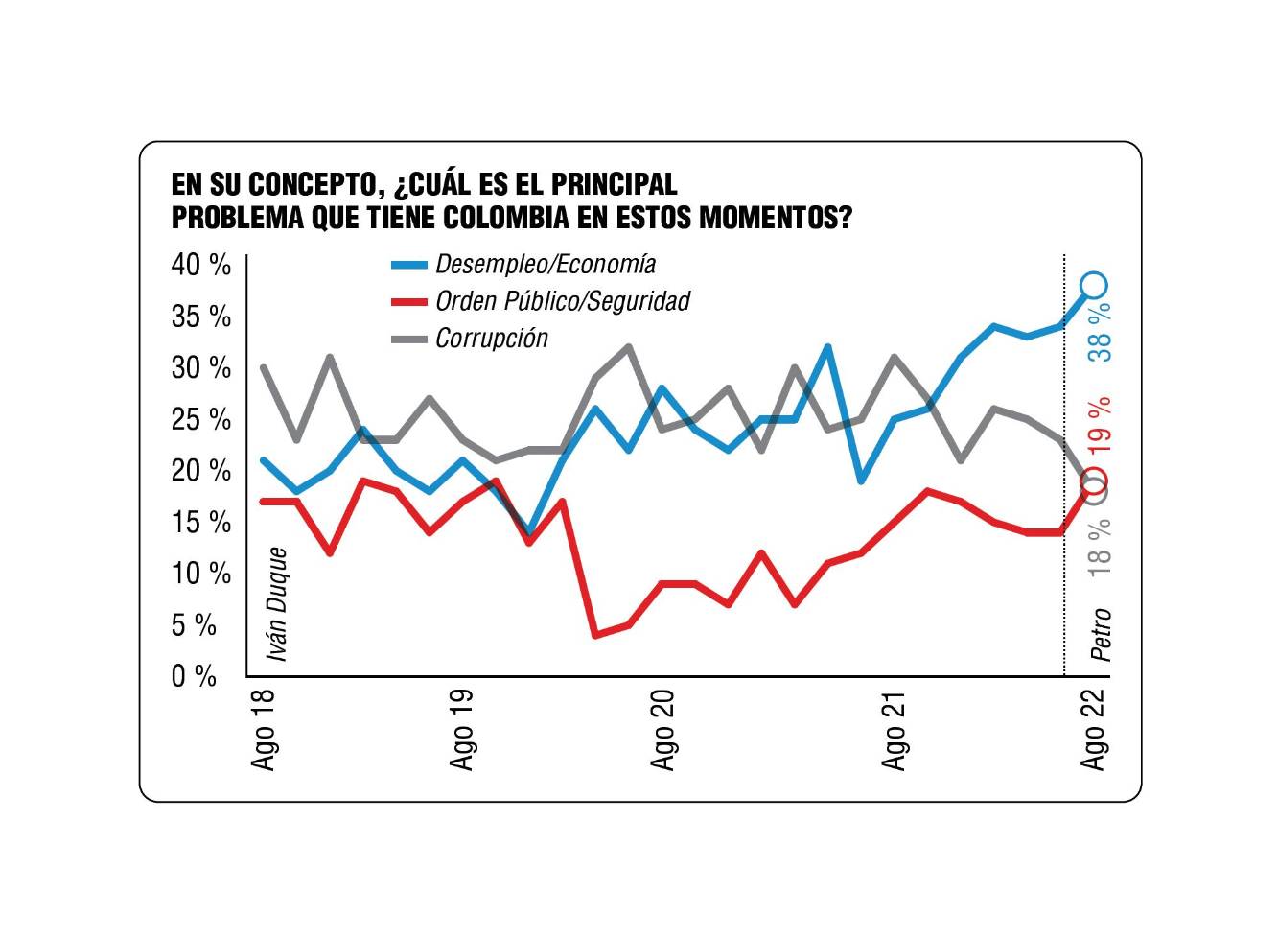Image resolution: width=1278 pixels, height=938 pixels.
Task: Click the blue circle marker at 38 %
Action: click(x=1094, y=285)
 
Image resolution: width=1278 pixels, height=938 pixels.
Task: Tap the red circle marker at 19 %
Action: click(x=1095, y=480)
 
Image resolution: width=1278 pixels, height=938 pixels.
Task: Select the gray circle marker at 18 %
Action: click(x=1093, y=491)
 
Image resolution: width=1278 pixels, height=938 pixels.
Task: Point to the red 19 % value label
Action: click(x=1101, y=424)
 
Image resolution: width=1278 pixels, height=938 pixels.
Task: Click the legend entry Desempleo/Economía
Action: click(x=545, y=264)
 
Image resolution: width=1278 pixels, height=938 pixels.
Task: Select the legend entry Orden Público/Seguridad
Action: click(x=562, y=301)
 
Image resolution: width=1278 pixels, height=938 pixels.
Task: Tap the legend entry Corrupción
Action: click(x=491, y=339)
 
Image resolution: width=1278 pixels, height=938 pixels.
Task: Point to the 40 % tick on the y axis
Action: click(x=201, y=265)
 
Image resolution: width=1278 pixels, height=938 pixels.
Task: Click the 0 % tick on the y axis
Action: click(x=195, y=676)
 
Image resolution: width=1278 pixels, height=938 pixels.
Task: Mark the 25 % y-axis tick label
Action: click(x=201, y=419)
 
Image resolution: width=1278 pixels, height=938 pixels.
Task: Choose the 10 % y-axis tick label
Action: click(x=201, y=574)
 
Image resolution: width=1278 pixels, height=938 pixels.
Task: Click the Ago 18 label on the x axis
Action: click(x=263, y=729)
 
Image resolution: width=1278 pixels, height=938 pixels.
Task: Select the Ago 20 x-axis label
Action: click(x=662, y=729)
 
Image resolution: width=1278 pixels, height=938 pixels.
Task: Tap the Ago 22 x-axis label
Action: click(x=1094, y=729)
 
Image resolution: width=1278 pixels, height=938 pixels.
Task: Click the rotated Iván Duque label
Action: click(x=277, y=603)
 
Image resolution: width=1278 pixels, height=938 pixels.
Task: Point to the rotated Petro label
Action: click(x=1101, y=634)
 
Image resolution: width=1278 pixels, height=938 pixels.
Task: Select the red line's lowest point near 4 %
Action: click(x=595, y=635)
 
